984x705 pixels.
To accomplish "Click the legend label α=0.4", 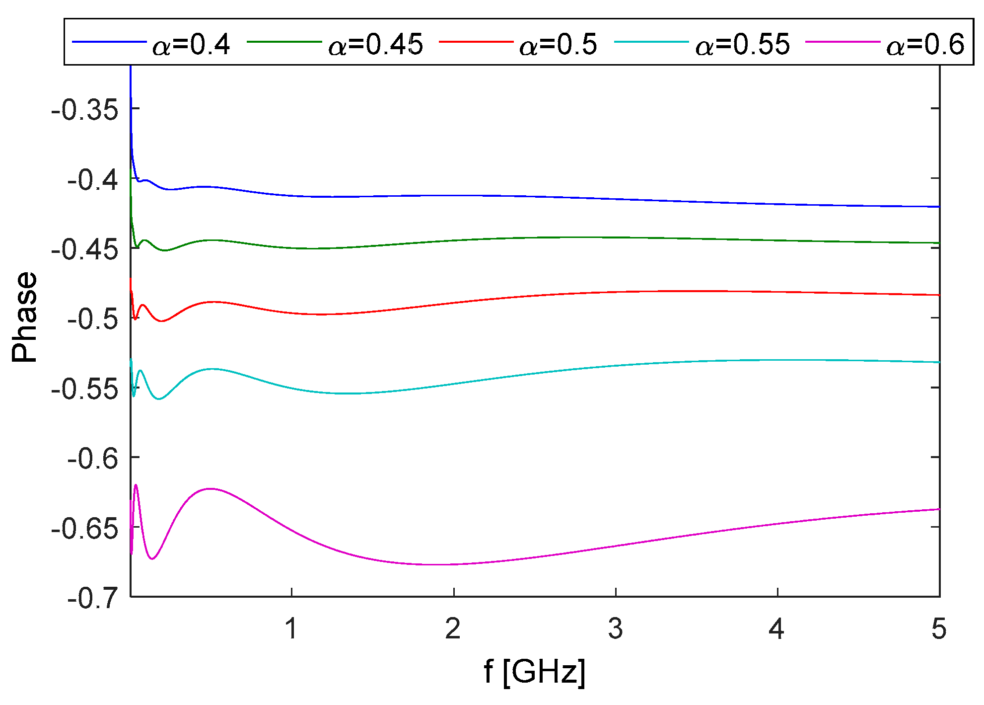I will pyautogui.click(x=191, y=45).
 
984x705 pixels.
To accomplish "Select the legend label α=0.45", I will pyautogui.click(x=376, y=45).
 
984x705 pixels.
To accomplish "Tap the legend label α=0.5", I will pyautogui.click(x=558, y=45).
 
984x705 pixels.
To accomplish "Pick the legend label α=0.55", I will pyautogui.click(x=742, y=45).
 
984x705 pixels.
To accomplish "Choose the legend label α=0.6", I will pyautogui.click(x=925, y=45).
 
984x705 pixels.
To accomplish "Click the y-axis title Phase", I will pyautogui.click(x=25, y=317).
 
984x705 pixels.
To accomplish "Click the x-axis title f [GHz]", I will pyautogui.click(x=535, y=672).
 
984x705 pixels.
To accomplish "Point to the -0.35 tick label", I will pyautogui.click(x=85, y=109).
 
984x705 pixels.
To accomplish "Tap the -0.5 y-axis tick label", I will pyautogui.click(x=93, y=318).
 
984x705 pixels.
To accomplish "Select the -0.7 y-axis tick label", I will pyautogui.click(x=93, y=598).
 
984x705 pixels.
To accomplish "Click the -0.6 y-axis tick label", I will pyautogui.click(x=93, y=458).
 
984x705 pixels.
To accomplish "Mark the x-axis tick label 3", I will pyautogui.click(x=616, y=629).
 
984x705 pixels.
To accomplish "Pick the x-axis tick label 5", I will pyautogui.click(x=939, y=629).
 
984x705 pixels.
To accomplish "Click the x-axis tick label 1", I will pyautogui.click(x=291, y=629).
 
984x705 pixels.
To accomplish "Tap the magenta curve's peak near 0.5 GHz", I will pyautogui.click(x=211, y=488).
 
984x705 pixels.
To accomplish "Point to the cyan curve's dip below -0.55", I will pyautogui.click(x=159, y=399).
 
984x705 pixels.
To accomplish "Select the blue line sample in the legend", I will pyautogui.click(x=110, y=42).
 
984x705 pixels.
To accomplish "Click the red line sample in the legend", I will pyautogui.click(x=476, y=42).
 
